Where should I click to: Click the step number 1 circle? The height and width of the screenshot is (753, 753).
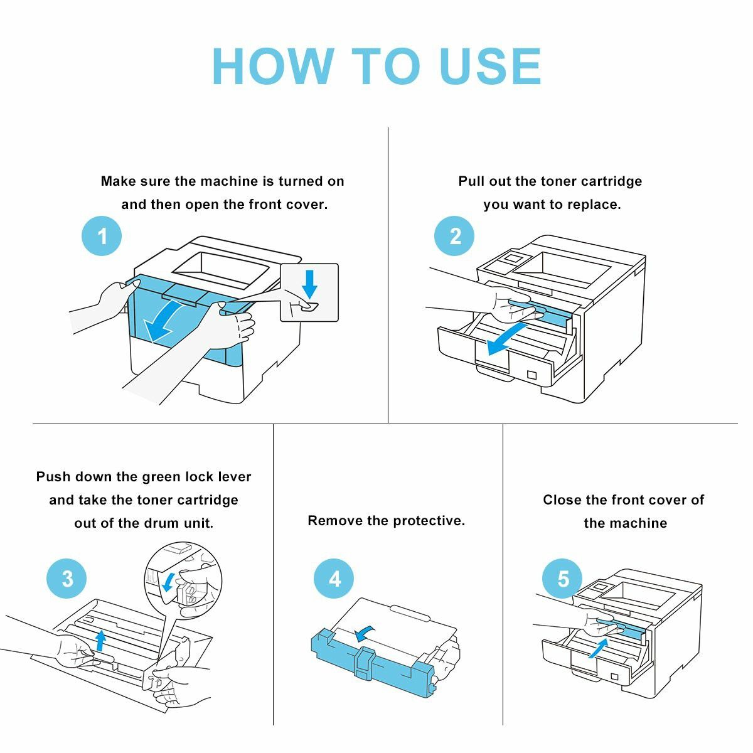(102, 237)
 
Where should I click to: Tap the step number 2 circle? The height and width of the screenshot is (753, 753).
(455, 236)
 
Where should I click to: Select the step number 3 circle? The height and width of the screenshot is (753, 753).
(67, 579)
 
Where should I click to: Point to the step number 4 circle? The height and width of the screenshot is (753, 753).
(334, 579)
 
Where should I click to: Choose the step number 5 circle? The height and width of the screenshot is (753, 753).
(563, 579)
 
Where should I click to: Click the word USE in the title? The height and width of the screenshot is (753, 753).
(490, 67)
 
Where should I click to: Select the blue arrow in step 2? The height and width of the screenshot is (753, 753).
(505, 338)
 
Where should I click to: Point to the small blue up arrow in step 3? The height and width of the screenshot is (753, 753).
(99, 641)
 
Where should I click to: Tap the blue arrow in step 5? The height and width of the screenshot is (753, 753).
(599, 648)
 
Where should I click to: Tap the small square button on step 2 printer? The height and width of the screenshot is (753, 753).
(532, 375)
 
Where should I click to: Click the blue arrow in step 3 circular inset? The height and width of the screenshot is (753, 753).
(168, 583)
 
